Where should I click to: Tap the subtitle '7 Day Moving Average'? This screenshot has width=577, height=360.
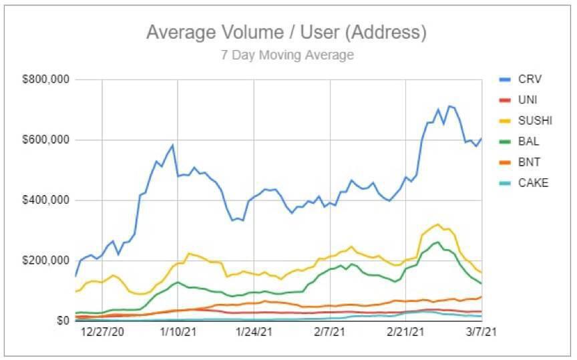point(287,55)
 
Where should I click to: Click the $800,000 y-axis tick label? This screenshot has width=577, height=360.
point(46,79)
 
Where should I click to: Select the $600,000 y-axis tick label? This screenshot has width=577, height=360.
point(46,140)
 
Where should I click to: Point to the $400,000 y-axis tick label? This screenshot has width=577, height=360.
point(46,200)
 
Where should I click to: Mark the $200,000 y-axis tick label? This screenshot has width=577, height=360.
point(46,260)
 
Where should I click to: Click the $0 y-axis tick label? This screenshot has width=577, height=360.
point(62,321)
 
